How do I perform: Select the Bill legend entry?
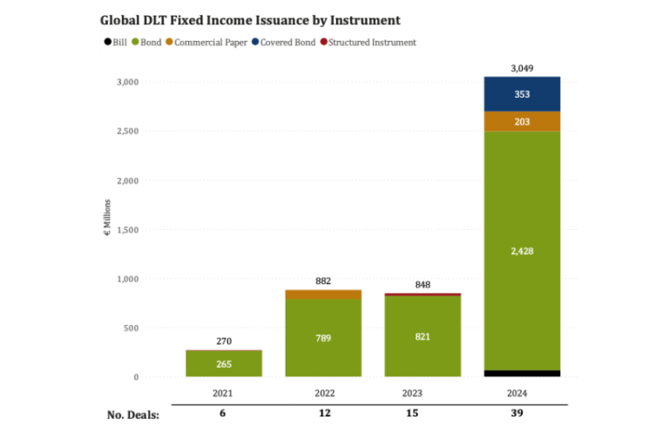pos(118,42)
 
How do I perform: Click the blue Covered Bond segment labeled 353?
pos(522,94)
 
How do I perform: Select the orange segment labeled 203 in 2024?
pos(522,122)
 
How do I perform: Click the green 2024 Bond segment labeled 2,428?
pos(522,250)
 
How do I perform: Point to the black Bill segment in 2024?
pos(522,374)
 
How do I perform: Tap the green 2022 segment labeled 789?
pos(324,338)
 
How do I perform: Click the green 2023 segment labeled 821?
pos(422,336)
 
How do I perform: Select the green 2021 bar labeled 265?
pos(225,364)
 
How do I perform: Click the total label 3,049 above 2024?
pos(522,67)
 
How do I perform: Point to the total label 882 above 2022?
pos(324,281)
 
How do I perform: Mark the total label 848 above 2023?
pos(422,284)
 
